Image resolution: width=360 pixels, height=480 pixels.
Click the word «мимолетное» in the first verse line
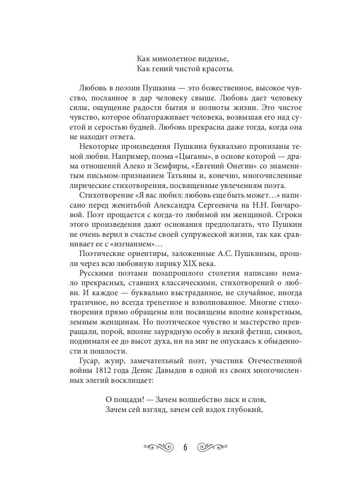(171, 59)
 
